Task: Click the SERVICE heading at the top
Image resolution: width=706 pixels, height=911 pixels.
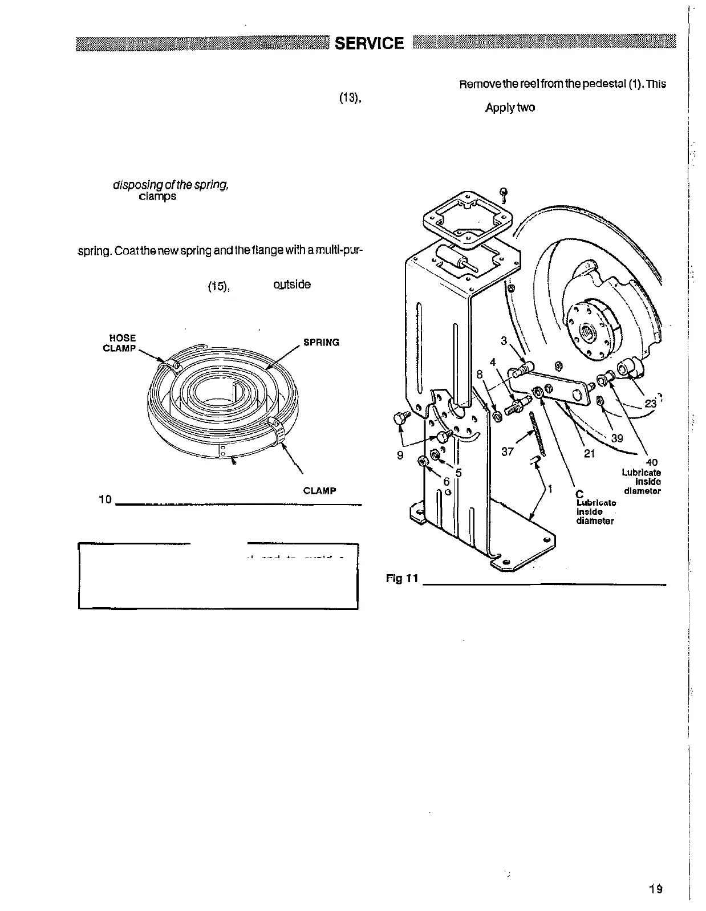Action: tap(369, 43)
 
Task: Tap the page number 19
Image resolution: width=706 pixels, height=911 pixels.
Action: tap(655, 889)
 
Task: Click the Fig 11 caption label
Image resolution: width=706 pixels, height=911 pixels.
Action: tap(402, 579)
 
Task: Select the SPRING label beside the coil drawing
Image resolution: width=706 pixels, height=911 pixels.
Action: tap(321, 343)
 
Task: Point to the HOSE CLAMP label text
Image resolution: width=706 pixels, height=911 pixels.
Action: tap(119, 343)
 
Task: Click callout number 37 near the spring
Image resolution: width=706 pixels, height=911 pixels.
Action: tap(508, 452)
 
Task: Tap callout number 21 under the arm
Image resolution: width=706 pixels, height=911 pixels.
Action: tap(590, 454)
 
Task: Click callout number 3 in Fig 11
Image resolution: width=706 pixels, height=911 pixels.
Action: tap(504, 341)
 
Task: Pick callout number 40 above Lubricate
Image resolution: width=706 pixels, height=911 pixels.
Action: tap(652, 463)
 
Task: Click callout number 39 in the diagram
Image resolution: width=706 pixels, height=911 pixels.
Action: tap(616, 438)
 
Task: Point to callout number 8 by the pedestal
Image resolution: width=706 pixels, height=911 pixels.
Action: tap(480, 375)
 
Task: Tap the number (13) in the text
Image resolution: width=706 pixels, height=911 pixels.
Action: tap(348, 97)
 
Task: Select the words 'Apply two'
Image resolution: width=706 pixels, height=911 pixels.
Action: tap(510, 108)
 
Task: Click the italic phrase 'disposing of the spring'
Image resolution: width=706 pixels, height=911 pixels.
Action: tap(164, 185)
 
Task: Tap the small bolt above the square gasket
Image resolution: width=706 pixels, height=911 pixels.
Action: tap(503, 194)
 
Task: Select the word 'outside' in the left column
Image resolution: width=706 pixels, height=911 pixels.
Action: tap(292, 284)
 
